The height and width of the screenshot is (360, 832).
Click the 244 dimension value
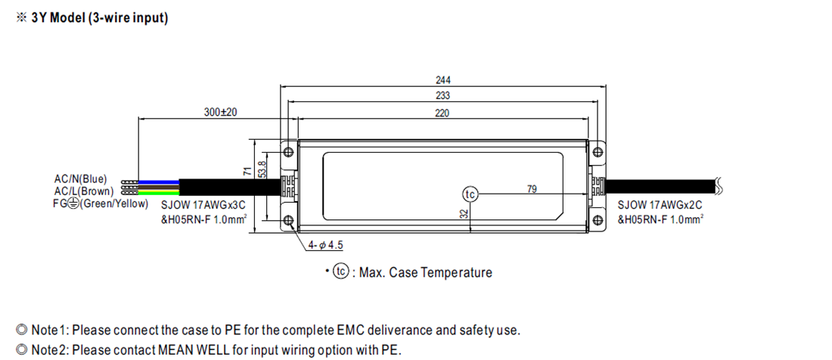[442, 79]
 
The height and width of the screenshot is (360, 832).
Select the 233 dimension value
[442, 96]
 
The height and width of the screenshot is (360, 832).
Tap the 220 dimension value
[442, 113]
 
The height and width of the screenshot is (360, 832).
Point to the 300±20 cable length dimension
[221, 112]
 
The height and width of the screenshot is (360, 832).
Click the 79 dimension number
[532, 188]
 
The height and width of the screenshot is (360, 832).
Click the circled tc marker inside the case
[470, 195]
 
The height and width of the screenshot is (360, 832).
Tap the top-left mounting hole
[288, 152]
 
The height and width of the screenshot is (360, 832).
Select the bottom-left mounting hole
[288, 220]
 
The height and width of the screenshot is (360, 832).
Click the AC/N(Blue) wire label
[81, 178]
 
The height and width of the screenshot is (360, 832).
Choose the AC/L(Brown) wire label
[83, 191]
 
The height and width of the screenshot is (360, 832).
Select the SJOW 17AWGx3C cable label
[203, 205]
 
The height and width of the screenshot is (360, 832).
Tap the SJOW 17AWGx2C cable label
[660, 205]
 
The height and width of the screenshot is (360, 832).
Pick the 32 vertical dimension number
[464, 214]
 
